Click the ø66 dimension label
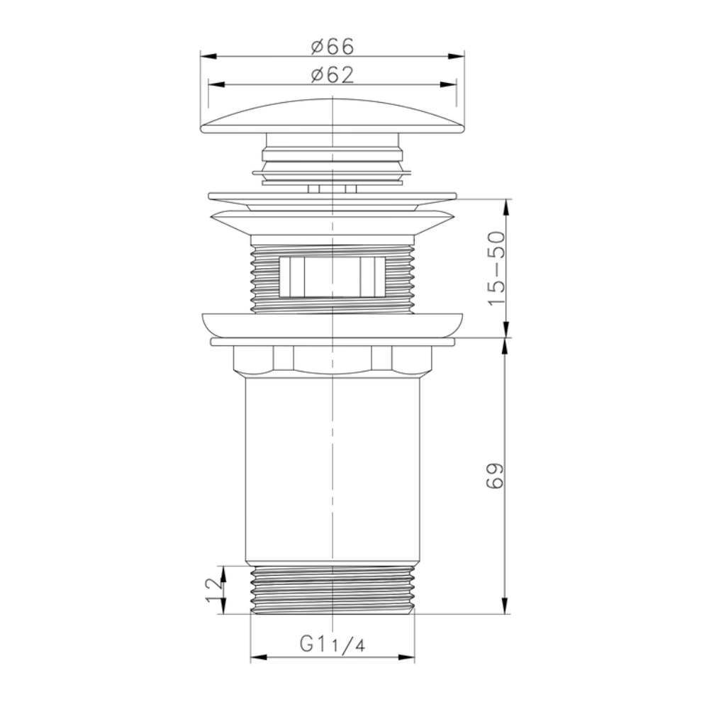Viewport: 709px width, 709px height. point(332,47)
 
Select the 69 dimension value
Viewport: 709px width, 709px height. point(496,476)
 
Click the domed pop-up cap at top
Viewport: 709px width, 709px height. point(332,116)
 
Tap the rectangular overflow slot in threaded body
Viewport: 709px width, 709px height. point(332,276)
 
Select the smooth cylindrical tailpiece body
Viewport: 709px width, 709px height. point(332,468)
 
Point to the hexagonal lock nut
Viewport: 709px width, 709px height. point(332,359)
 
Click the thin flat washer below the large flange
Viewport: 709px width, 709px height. point(332,342)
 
